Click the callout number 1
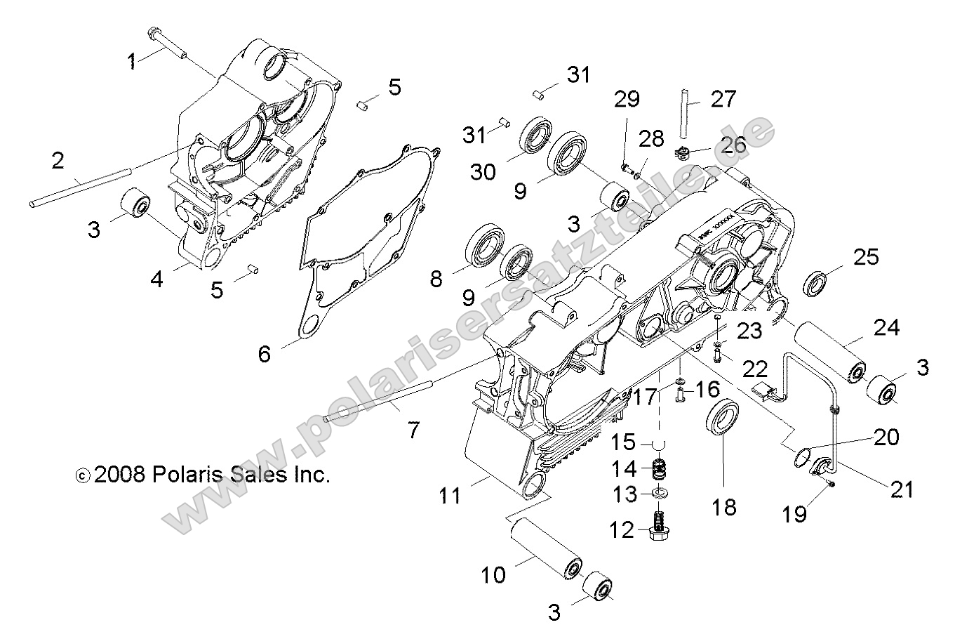(131, 61)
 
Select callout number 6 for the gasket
(264, 353)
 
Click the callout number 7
(413, 429)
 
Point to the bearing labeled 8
(484, 246)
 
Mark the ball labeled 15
(658, 444)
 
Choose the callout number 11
(450, 496)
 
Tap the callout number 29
(627, 100)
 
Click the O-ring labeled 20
(803, 457)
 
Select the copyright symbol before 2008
(83, 475)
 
